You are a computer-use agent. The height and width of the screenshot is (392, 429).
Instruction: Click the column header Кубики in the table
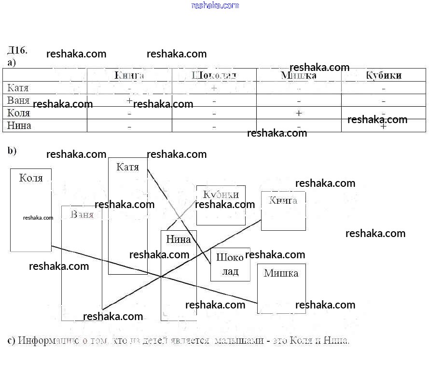coord(384,75)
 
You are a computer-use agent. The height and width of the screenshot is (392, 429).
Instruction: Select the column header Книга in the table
coord(129,75)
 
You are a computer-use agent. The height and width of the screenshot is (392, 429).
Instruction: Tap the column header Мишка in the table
coord(299,75)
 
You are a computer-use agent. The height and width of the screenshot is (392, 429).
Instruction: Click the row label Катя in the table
coord(18,88)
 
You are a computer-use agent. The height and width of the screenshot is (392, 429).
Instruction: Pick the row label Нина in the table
coord(19,126)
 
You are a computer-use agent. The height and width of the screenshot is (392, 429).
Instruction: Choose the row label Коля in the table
coord(19,113)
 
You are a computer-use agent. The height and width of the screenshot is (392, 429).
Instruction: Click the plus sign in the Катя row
coord(214,88)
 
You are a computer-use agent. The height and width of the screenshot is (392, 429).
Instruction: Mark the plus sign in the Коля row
coord(299,113)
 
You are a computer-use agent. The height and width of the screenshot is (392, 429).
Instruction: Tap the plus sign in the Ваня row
coord(129,100)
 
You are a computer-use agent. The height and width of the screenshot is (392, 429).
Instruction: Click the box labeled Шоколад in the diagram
coord(230,265)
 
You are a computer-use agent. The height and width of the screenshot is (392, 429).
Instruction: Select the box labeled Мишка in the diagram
coord(281,288)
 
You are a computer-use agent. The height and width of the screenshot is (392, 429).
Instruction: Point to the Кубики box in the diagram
coord(221,205)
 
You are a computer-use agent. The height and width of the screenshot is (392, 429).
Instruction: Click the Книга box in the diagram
coord(283,211)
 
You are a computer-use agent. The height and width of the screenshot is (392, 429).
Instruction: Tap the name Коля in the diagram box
coord(31,178)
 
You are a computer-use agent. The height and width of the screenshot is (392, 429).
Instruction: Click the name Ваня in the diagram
coord(82,214)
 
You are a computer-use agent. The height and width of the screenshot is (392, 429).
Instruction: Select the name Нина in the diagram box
coord(179,239)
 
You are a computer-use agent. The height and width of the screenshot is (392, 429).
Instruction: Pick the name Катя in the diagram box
coord(128,167)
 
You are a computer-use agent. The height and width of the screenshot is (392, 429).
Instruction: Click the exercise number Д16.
coord(17,51)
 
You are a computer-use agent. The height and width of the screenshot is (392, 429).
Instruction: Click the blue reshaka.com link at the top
coord(215,5)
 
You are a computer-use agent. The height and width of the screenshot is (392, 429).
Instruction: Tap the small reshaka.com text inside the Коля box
coord(38,218)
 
